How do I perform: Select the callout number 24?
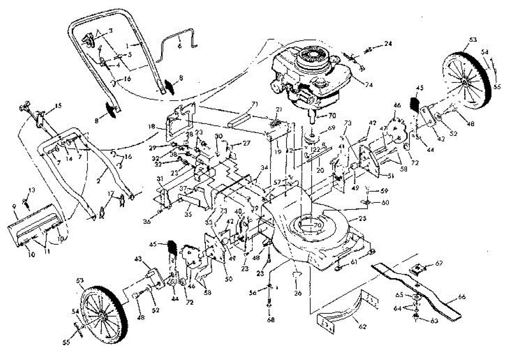tap(388, 43)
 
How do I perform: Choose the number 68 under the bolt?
tap(270, 319)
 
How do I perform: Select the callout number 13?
tap(32, 190)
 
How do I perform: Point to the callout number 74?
tap(369, 85)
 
